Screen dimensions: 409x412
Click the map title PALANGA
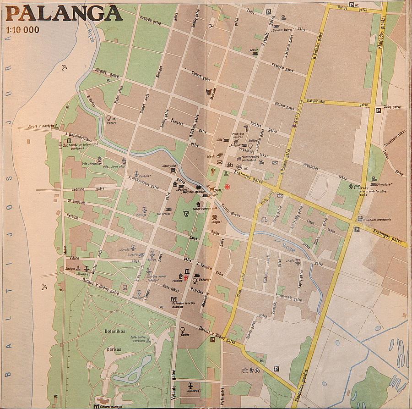point(64,13)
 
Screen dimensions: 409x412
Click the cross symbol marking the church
point(212,172)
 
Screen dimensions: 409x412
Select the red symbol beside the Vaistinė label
point(186,277)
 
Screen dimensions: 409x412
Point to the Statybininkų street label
point(319,102)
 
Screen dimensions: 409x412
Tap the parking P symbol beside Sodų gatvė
point(378,111)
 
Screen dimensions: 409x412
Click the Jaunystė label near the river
point(169,166)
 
